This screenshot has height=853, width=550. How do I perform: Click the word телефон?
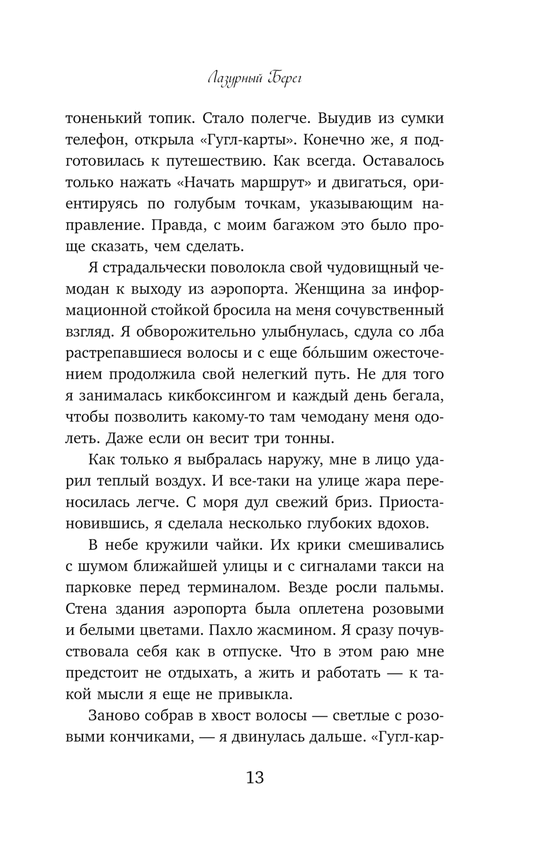pyautogui.click(x=96, y=140)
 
